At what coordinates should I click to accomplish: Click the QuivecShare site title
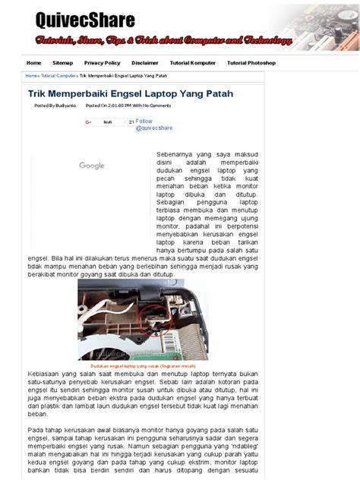[85, 21]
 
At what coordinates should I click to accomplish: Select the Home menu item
[34, 63]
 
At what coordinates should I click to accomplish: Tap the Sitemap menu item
[63, 63]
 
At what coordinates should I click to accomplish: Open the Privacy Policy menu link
[102, 63]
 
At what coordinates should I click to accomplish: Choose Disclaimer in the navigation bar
[144, 63]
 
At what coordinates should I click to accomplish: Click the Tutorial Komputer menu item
[192, 63]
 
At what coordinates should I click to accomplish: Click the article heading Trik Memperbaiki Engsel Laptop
[130, 93]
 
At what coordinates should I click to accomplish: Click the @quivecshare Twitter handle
[154, 128]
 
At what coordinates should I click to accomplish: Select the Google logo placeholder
[92, 166]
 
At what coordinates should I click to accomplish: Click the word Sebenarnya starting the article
[175, 154]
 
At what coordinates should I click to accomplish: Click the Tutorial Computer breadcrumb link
[58, 76]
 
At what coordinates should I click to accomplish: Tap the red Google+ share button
[88, 122]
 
